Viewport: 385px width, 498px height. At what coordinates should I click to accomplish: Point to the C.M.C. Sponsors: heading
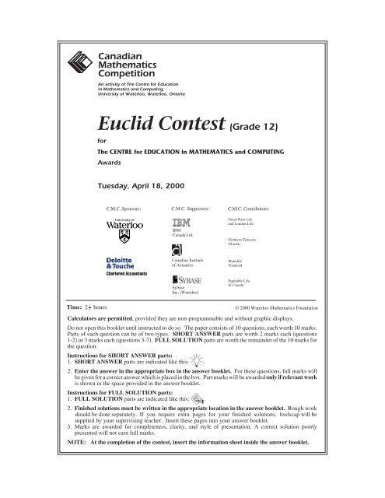[128, 209]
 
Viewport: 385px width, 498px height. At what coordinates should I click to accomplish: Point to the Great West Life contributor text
[243, 223]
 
